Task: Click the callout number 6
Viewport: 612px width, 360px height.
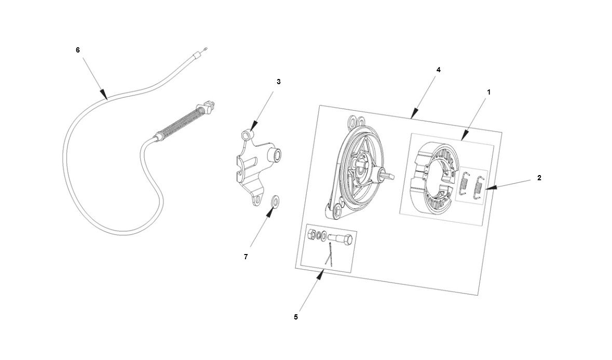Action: [78, 50]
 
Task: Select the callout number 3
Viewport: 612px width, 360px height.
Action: [278, 82]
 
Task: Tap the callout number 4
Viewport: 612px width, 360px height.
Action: [438, 70]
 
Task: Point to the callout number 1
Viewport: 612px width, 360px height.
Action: [488, 92]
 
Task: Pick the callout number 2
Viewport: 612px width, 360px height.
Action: [539, 178]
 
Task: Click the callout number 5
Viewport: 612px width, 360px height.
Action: [295, 317]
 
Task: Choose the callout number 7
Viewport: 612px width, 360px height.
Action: [246, 257]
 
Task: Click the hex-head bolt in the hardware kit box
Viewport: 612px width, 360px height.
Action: [341, 240]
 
